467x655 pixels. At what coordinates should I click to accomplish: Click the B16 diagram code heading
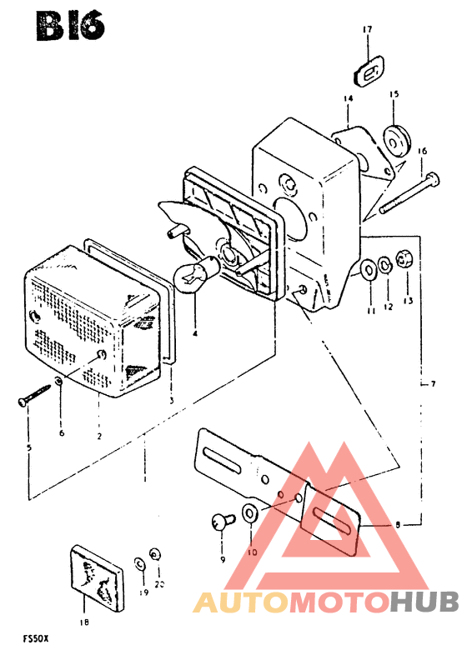pos(70,27)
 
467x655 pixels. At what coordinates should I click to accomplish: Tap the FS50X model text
pos(36,638)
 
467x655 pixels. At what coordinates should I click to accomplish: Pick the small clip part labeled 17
pos(369,73)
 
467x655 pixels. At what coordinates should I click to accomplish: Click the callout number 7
pos(433,383)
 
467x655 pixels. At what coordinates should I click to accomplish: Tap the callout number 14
pos(349,98)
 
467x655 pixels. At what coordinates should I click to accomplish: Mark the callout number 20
pos(159,584)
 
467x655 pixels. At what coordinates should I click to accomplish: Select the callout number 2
pos(99,437)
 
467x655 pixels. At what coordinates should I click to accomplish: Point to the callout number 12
pos(389,307)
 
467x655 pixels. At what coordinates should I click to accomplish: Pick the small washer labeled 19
pos(139,564)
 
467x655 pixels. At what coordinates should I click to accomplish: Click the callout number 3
pos(172,401)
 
